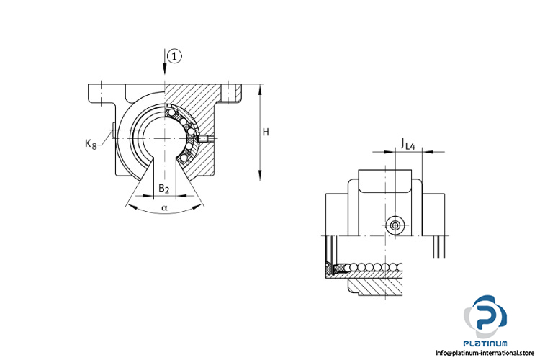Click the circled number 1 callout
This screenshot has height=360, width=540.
[174, 56]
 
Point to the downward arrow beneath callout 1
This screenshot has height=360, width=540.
[166, 69]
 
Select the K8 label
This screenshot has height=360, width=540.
[91, 144]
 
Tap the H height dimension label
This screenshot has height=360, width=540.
[266, 132]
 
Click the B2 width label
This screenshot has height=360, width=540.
[164, 189]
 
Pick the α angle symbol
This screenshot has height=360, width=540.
[164, 208]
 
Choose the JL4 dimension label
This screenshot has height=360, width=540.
[408, 145]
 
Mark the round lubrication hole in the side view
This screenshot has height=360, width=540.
[395, 226]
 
